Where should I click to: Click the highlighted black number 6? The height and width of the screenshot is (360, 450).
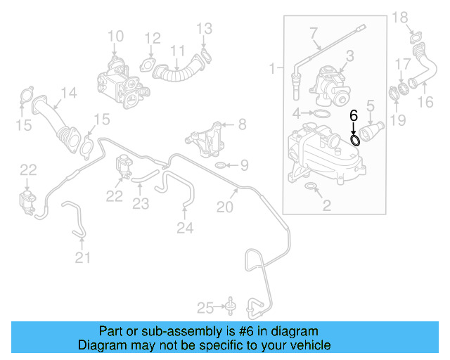click(354, 114)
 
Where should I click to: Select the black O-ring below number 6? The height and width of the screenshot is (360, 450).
click(356, 140)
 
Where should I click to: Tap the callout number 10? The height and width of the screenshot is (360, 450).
click(115, 36)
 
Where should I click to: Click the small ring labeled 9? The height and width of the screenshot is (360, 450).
click(220, 166)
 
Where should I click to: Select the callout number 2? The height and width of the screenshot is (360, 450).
click(326, 205)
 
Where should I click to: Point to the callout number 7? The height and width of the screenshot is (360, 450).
click(314, 33)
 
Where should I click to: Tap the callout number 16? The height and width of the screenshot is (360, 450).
click(426, 103)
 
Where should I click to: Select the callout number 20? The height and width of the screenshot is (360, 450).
click(224, 207)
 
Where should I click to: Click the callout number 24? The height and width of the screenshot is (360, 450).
click(184, 226)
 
